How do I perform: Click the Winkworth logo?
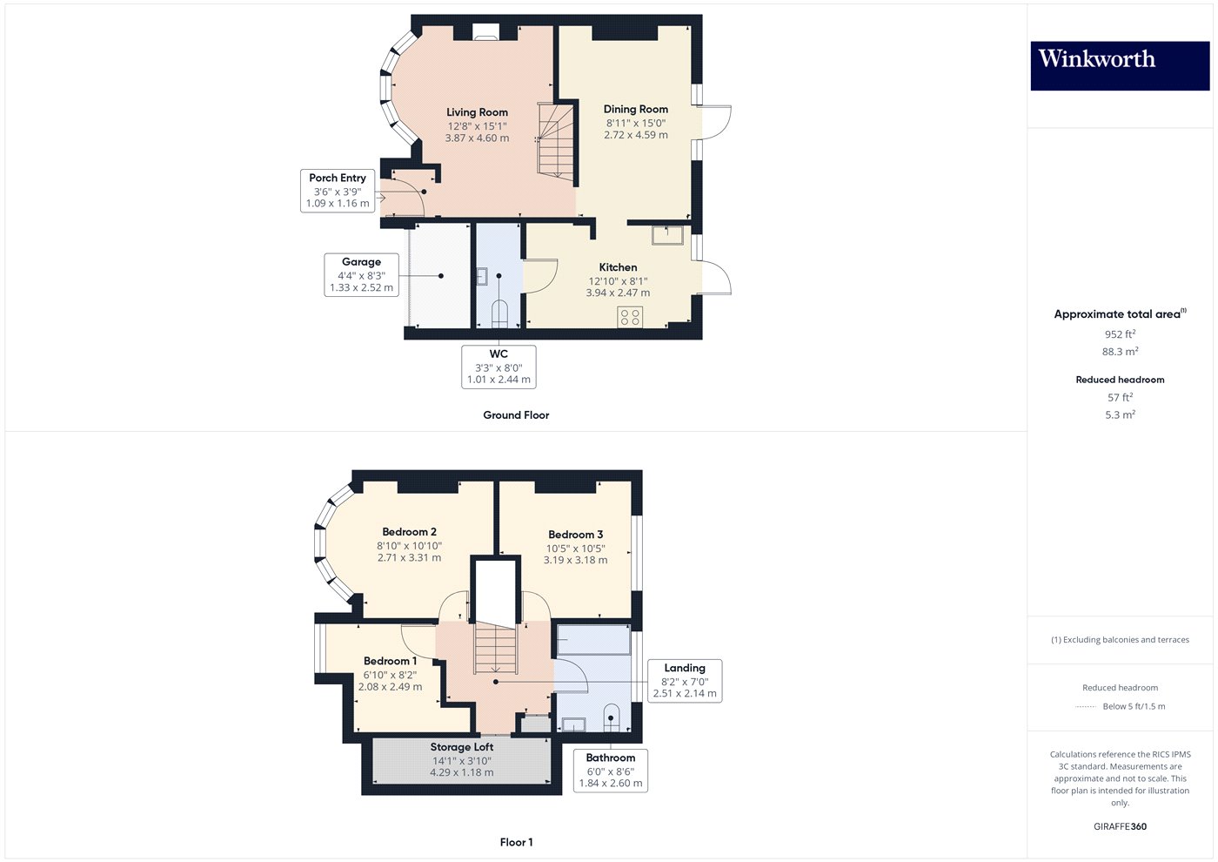click(1120, 66)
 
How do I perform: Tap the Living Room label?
click(477, 112)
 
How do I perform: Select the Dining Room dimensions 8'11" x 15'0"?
click(636, 123)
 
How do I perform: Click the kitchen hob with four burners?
click(630, 317)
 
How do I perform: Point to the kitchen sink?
click(667, 235)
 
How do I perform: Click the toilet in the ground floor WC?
click(499, 314)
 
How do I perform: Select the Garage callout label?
click(362, 275)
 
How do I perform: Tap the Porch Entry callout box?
click(338, 191)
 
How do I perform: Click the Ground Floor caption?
click(516, 415)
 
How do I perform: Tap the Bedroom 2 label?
click(409, 532)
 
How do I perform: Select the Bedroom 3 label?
click(575, 535)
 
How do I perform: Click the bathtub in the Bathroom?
click(593, 639)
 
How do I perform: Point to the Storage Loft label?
click(462, 747)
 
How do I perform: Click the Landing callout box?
click(685, 681)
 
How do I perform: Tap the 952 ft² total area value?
click(1121, 334)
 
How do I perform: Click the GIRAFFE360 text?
click(1121, 826)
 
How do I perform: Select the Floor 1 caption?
click(516, 843)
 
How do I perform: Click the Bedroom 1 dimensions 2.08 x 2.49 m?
click(390, 687)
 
